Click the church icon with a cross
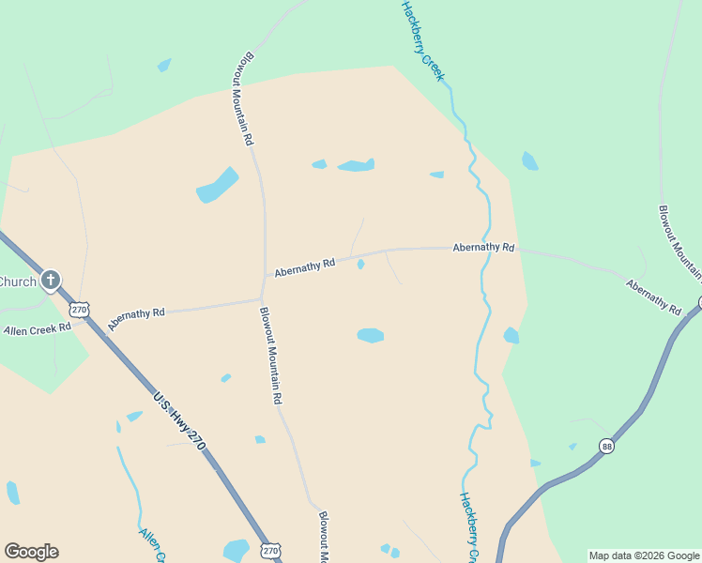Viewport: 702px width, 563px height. coord(51,280)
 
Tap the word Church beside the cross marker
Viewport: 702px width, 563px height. coord(17,281)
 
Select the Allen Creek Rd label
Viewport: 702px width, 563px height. coord(38,329)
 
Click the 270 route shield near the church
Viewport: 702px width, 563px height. coord(80,309)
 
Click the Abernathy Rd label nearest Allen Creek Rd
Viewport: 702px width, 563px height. coord(136,318)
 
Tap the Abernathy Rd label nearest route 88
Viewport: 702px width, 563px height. coord(653,297)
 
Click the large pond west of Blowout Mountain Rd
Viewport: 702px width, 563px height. coord(218,185)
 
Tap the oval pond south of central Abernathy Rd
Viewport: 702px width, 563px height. coord(371,335)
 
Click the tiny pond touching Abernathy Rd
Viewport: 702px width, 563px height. coord(361,264)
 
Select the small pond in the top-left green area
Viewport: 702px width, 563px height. coord(164,66)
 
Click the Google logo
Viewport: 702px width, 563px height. coord(31,552)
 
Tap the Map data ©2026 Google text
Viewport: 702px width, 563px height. coord(643,555)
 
